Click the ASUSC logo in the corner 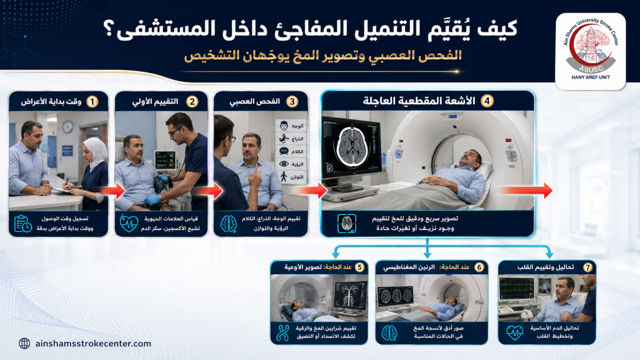[x=591, y=51]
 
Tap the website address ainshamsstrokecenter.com [x=93, y=344]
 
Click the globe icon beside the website [x=24, y=344]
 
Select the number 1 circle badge [x=92, y=102]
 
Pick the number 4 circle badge [x=486, y=101]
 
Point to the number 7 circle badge [x=587, y=267]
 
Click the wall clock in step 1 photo [x=67, y=126]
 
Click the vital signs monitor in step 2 [x=165, y=159]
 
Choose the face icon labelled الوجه [x=284, y=126]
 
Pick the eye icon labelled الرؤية [x=284, y=164]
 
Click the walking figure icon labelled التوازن [x=284, y=177]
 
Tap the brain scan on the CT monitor [x=351, y=147]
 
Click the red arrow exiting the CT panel [x=526, y=190]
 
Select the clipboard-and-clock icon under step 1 [x=23, y=224]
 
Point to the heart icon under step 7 [x=514, y=332]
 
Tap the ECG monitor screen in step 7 [x=516, y=287]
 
